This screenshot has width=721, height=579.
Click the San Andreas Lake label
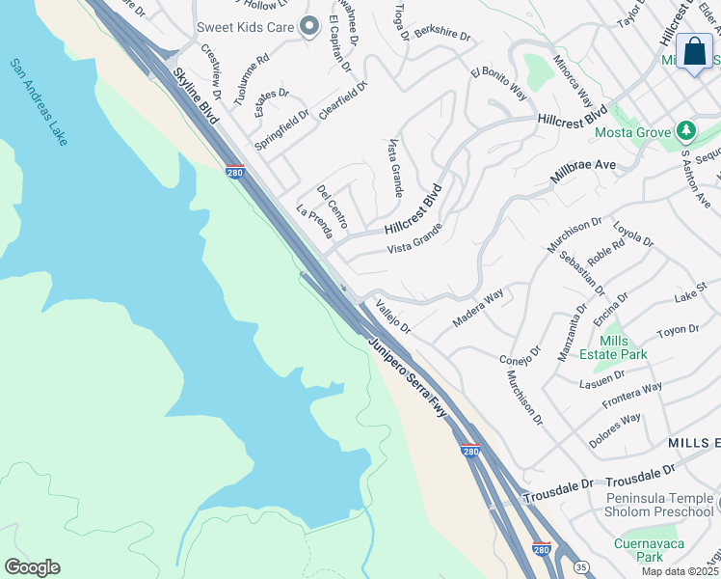coord(39,102)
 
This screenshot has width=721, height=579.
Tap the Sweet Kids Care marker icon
coord(308,27)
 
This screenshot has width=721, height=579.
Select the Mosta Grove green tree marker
coord(685,129)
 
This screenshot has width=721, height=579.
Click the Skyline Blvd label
coord(197,93)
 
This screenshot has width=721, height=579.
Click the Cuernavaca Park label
coord(637,549)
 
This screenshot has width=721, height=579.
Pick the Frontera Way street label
coord(632,395)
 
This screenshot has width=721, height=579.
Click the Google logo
coord(32,567)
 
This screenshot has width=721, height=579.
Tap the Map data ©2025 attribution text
coord(680,571)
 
